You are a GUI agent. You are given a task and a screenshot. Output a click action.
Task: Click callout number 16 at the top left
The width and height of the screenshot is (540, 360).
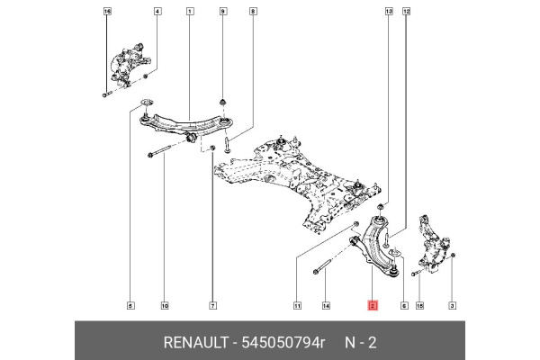click(x=107, y=12)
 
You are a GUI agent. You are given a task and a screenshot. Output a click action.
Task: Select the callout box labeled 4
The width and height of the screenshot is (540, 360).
click(x=157, y=12)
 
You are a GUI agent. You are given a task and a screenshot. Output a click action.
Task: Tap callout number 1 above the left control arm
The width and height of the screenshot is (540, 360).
click(x=190, y=12)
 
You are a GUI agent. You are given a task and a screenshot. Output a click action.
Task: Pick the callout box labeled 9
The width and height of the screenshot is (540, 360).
click(x=222, y=12)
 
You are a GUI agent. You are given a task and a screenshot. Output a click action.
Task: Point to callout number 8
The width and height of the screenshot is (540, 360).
click(x=253, y=12)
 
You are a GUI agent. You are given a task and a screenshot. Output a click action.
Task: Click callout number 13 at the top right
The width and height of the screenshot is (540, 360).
click(x=389, y=12)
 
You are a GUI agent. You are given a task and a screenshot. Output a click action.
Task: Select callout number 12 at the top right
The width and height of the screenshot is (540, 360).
click(x=406, y=12)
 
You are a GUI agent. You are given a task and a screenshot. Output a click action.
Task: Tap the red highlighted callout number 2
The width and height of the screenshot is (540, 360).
click(x=373, y=306)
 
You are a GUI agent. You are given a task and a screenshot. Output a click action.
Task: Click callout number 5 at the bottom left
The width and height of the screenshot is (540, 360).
click(x=130, y=306)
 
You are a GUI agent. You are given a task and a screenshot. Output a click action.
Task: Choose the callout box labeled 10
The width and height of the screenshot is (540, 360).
click(x=165, y=306)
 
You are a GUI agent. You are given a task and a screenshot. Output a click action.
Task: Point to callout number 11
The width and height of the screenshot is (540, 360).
click(x=297, y=306)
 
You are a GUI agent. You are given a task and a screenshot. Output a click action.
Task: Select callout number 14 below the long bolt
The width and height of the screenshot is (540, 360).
click(x=326, y=306)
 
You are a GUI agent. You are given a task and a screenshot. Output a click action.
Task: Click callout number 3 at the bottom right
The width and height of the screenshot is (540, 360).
click(x=452, y=306)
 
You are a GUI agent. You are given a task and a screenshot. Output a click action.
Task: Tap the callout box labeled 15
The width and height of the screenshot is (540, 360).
click(x=419, y=306)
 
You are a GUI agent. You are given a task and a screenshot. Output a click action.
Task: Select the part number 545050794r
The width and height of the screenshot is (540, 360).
click(x=280, y=342)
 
